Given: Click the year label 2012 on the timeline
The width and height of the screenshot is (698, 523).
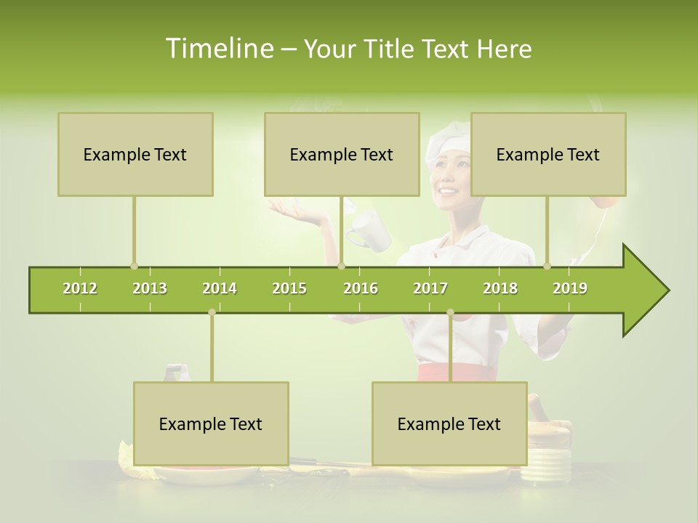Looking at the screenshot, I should click(80, 288).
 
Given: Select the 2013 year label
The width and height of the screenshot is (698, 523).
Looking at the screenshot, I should click(150, 288).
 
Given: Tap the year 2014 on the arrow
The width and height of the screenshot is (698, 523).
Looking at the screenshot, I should click(220, 288).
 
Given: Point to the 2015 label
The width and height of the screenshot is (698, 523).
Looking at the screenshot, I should click(289, 288).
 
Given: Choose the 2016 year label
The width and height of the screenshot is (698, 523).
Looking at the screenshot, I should click(361, 288).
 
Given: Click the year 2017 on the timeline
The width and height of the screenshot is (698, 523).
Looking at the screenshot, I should click(430, 288).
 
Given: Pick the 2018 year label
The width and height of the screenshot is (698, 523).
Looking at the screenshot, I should click(500, 288).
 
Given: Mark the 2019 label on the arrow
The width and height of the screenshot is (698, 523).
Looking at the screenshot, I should click(570, 288).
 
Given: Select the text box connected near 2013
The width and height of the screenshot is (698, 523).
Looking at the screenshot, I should click(135, 155).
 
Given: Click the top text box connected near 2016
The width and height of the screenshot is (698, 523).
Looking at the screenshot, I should click(342, 155).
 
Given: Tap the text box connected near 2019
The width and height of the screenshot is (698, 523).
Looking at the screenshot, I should click(548, 155).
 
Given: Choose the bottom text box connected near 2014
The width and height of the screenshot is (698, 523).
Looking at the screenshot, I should click(211, 424).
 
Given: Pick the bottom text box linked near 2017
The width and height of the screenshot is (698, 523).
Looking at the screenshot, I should click(449, 424).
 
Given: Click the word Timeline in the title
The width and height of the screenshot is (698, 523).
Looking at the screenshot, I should click(218, 49).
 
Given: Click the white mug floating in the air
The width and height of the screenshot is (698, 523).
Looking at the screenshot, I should click(369, 231).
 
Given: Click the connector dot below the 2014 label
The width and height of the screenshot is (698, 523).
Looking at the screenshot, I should click(212, 312).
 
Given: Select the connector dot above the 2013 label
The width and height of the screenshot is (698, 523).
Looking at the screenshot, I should click(134, 266).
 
